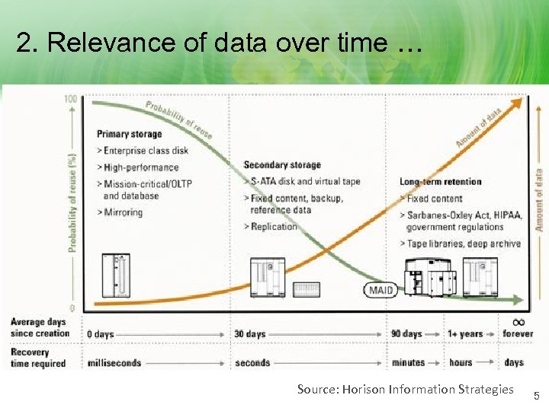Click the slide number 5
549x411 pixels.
click(x=536, y=396)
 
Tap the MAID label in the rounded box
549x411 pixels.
click(x=380, y=290)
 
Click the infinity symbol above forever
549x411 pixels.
click(x=518, y=321)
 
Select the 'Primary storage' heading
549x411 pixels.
click(x=130, y=134)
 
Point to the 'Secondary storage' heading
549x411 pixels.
click(x=282, y=165)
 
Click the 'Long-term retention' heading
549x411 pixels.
click(x=441, y=181)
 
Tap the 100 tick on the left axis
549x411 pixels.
click(x=70, y=100)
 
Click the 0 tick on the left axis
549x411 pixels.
click(x=72, y=308)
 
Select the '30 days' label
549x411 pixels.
click(x=250, y=334)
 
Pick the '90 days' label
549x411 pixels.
click(x=406, y=334)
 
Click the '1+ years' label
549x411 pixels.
click(x=465, y=334)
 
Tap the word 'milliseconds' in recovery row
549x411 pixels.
click(x=114, y=363)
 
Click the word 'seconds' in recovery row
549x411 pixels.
click(x=252, y=363)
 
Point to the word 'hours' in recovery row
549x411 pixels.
click(x=461, y=363)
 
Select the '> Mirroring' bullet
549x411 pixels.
click(x=120, y=212)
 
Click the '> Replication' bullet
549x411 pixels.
click(x=271, y=227)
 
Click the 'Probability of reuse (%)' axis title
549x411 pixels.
click(x=72, y=193)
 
